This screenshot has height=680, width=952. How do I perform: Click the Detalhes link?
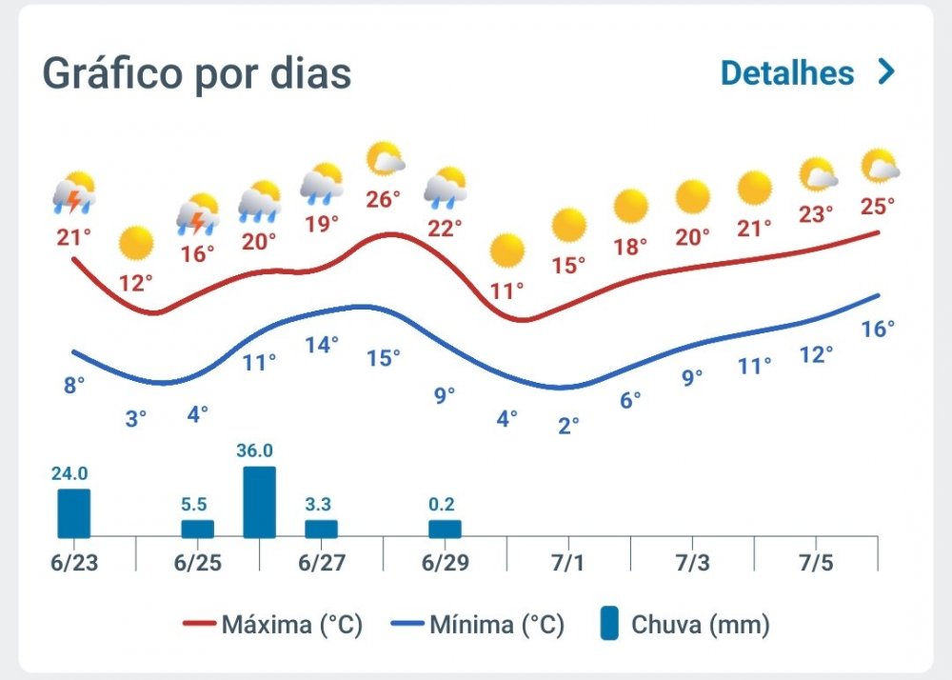[x=807, y=73]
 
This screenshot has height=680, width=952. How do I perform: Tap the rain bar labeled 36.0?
[x=260, y=502]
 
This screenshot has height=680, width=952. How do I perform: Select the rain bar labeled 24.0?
[x=74, y=513]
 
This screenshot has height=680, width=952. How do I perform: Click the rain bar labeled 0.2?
[x=445, y=529]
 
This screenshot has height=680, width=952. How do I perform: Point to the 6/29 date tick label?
[x=445, y=562]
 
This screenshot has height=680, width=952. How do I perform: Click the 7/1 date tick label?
[x=568, y=562]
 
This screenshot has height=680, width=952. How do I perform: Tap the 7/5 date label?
[x=816, y=562]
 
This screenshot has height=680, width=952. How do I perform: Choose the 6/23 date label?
[x=74, y=562]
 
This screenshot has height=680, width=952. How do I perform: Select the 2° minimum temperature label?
[x=568, y=425]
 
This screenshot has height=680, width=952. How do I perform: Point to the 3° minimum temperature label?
[x=136, y=417]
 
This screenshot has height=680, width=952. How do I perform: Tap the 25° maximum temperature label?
[x=878, y=206]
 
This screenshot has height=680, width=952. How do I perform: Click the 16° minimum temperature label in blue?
[x=878, y=330]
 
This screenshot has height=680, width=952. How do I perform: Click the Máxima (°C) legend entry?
[x=272, y=626]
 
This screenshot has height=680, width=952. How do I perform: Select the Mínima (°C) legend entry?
[x=478, y=626]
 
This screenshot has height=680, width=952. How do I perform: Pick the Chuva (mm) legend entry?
[x=685, y=626]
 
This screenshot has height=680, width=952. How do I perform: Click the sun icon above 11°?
[x=506, y=250]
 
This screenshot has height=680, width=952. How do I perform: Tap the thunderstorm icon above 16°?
[x=198, y=214]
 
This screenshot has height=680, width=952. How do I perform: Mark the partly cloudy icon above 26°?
[x=385, y=159]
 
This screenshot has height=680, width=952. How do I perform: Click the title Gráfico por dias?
[x=197, y=73]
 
